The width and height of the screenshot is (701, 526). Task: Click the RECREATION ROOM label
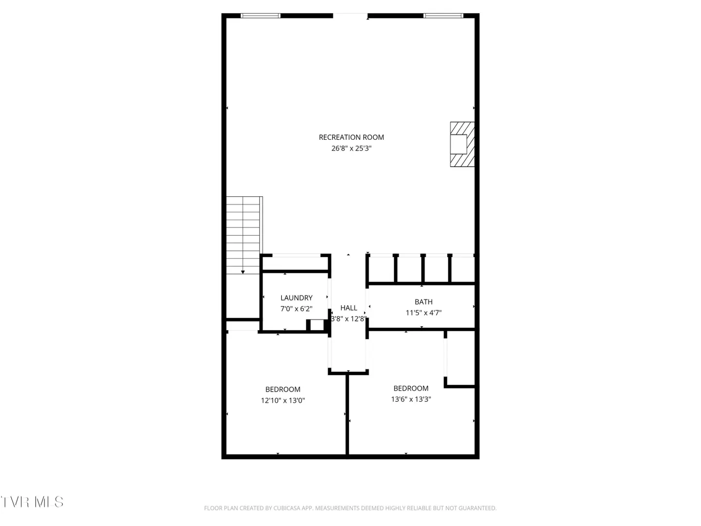351,137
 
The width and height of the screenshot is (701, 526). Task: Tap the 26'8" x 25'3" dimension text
351,148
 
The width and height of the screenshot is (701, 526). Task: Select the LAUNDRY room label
296,298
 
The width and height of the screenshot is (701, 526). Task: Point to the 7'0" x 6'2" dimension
296,309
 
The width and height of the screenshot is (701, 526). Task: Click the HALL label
349,308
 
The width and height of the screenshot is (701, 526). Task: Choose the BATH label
424,302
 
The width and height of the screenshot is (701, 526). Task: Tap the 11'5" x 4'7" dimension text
424,313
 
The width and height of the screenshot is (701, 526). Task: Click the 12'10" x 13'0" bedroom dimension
283,400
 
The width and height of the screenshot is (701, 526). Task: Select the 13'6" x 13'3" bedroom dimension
411,399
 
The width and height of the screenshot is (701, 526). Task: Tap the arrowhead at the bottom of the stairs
243,272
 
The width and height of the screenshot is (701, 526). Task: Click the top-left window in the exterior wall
260,16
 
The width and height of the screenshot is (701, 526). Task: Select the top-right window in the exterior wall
443,16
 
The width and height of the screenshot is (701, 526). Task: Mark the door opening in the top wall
350,16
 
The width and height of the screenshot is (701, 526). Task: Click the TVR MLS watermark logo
32,502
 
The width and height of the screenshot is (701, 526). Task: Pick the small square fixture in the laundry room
316,325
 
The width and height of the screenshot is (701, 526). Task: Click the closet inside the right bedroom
460,358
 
